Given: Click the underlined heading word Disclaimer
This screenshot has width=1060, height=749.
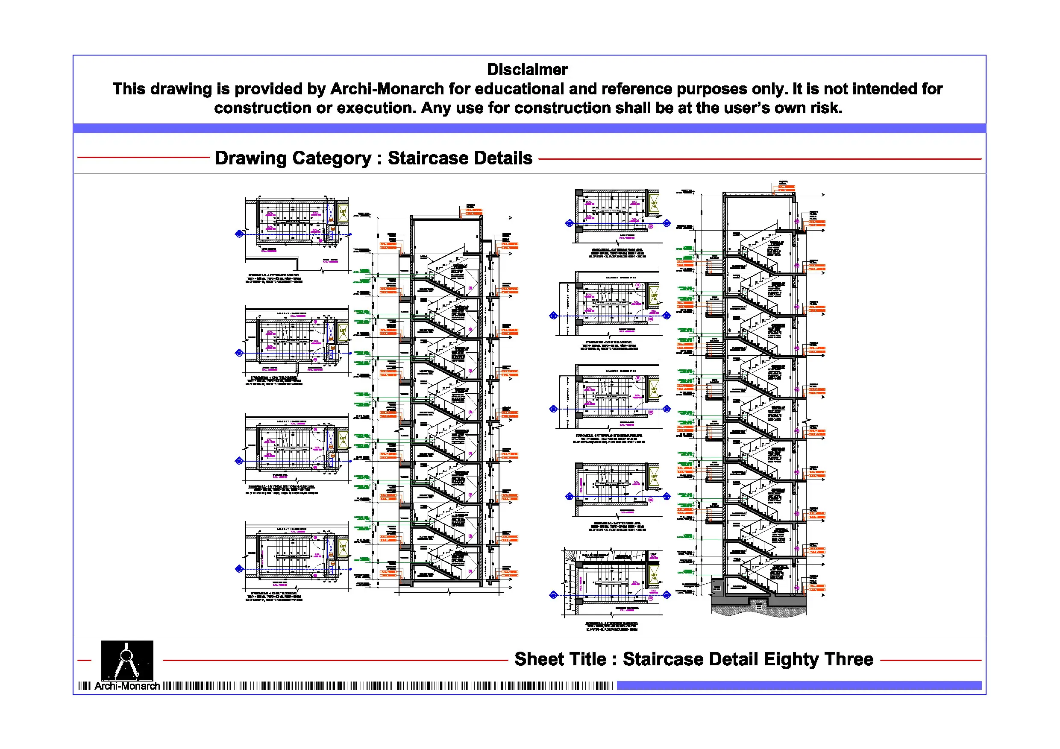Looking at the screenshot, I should (x=527, y=70).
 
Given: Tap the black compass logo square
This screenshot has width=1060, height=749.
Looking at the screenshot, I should (x=127, y=660).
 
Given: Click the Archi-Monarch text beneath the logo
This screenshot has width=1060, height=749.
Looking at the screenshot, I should (x=127, y=686).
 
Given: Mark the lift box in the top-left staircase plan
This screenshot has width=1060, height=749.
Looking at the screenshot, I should (x=343, y=213).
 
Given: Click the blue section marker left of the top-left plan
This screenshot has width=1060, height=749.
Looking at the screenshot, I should (x=239, y=234).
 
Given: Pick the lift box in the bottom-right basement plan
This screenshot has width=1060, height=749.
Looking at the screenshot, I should (x=654, y=575).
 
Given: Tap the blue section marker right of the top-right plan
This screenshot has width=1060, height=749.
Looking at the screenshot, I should (x=667, y=223).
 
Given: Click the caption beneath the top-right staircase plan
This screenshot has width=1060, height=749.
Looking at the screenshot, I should (x=617, y=253).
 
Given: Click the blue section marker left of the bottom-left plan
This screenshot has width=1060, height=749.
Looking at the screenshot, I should (x=239, y=569).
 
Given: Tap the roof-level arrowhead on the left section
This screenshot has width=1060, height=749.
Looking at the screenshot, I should (x=510, y=217).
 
